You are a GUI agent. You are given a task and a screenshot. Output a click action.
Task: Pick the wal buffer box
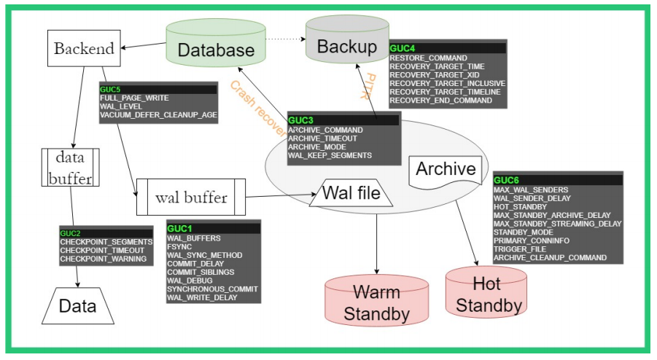(191, 197)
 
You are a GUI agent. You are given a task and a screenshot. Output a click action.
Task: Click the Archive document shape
(446, 171)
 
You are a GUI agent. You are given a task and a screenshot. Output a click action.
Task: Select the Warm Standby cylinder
(376, 301)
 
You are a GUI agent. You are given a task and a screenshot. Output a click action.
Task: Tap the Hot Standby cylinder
(486, 292)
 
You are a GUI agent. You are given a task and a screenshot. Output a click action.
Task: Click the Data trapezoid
(77, 305)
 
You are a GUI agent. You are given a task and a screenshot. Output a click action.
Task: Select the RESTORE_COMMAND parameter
(428, 58)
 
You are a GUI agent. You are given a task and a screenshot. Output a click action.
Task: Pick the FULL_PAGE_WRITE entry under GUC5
(134, 98)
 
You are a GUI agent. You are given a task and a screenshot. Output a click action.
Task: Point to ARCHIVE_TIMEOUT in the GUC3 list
(322, 138)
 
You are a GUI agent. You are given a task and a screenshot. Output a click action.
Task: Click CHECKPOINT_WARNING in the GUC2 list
(103, 259)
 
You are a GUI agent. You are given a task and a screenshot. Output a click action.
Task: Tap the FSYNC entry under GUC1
(179, 246)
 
